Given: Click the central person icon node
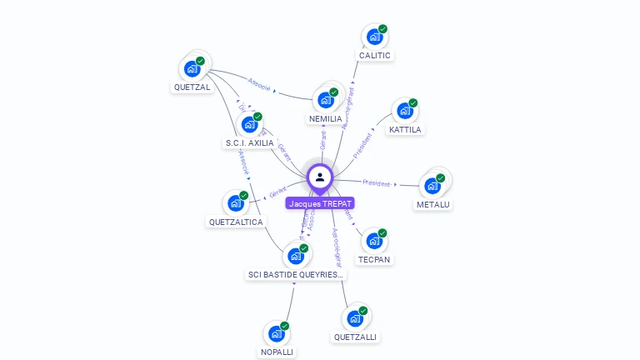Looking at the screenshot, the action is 320,177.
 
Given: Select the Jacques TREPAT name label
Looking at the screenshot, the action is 321,203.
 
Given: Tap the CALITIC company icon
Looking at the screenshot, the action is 374,37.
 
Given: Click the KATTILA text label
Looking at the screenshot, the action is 406,129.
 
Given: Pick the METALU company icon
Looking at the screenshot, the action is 432,186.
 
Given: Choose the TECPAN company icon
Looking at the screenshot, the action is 374,241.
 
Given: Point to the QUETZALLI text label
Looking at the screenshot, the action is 355,337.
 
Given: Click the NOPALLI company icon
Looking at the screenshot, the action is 276,334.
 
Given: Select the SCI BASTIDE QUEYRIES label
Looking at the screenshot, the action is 296,274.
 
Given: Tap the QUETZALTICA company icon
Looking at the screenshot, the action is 236,203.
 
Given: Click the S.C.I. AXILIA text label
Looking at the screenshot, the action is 249,142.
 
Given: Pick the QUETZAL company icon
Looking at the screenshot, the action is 192,68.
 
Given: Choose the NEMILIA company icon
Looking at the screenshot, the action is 325,100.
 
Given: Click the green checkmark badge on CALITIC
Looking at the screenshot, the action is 382,29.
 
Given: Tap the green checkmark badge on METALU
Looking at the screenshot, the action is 441,177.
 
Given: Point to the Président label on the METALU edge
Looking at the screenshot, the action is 377,182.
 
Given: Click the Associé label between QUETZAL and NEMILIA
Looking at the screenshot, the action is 259,82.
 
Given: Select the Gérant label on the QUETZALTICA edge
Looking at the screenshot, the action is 277,192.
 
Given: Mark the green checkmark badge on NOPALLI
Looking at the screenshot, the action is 284,326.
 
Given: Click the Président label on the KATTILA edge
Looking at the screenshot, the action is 363,145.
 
